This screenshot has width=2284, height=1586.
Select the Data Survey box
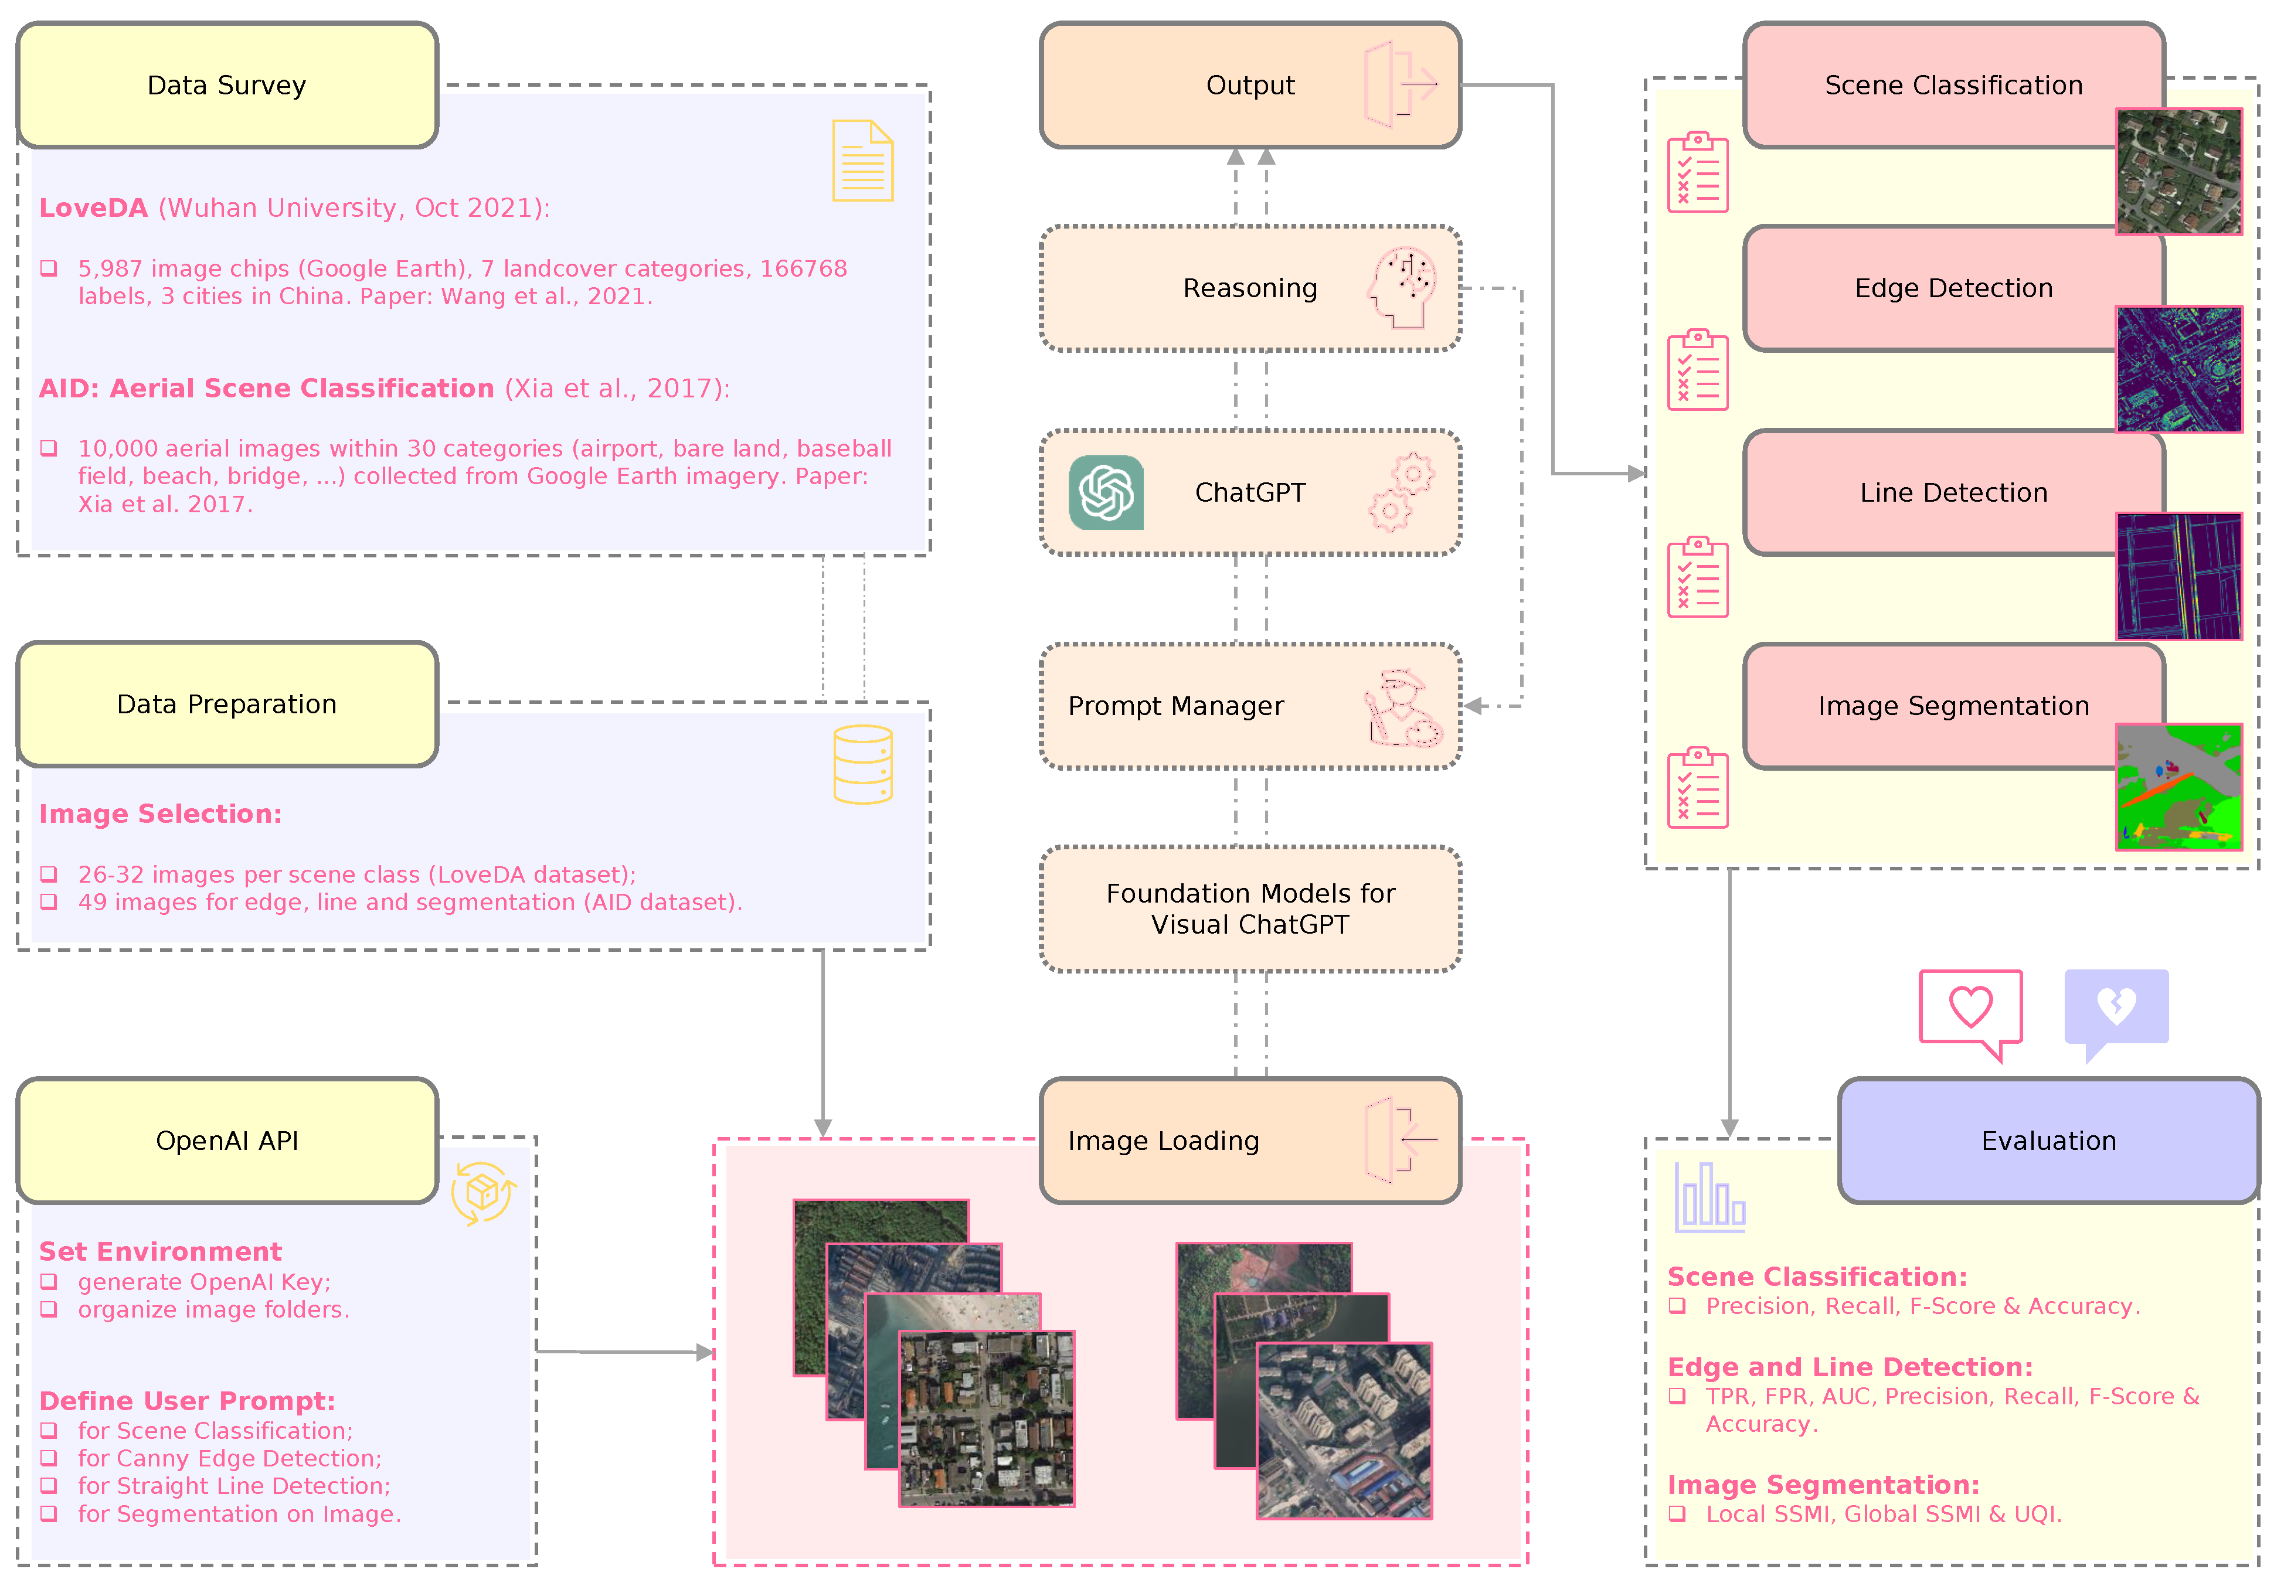click(x=227, y=86)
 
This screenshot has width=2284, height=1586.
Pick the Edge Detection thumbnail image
click(x=2178, y=370)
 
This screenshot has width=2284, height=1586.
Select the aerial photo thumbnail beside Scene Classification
click(x=2178, y=172)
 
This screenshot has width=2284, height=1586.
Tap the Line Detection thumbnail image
click(x=2178, y=576)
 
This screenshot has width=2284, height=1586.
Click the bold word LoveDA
click(x=93, y=207)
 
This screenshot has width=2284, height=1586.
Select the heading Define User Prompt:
click(x=187, y=1401)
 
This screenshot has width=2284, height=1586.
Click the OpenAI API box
click(x=227, y=1141)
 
